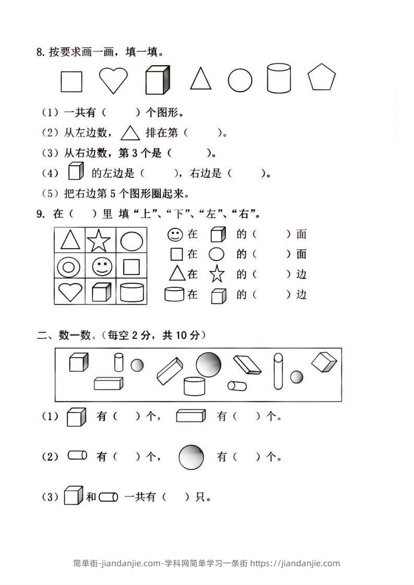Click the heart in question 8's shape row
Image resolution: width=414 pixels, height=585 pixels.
113,81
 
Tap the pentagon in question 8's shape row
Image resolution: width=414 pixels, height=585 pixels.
322,78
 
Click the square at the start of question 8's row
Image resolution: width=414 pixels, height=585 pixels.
72,81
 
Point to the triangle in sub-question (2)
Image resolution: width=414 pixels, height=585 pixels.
131,133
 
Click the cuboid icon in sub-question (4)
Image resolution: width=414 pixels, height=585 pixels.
76,171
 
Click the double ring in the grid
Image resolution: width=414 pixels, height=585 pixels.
68,267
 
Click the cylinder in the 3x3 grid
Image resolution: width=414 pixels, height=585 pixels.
131,292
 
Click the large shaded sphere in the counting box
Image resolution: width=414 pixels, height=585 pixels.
208,364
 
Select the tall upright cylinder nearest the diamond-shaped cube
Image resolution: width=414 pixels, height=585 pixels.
278,371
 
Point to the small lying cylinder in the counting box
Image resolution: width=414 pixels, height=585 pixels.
237,386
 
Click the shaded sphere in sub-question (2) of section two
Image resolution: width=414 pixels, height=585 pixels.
192,457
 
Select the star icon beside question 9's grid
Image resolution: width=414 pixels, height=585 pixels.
217,274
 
